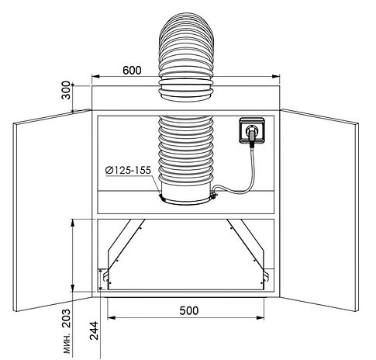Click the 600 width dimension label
coord(132,71)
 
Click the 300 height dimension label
coord(66,90)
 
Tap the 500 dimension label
coord(189,310)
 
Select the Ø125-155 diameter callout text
coord(128,170)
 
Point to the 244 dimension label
coord(94,331)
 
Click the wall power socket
coord(252,130)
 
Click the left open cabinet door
coord(53,210)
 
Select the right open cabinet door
coord(319,210)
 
